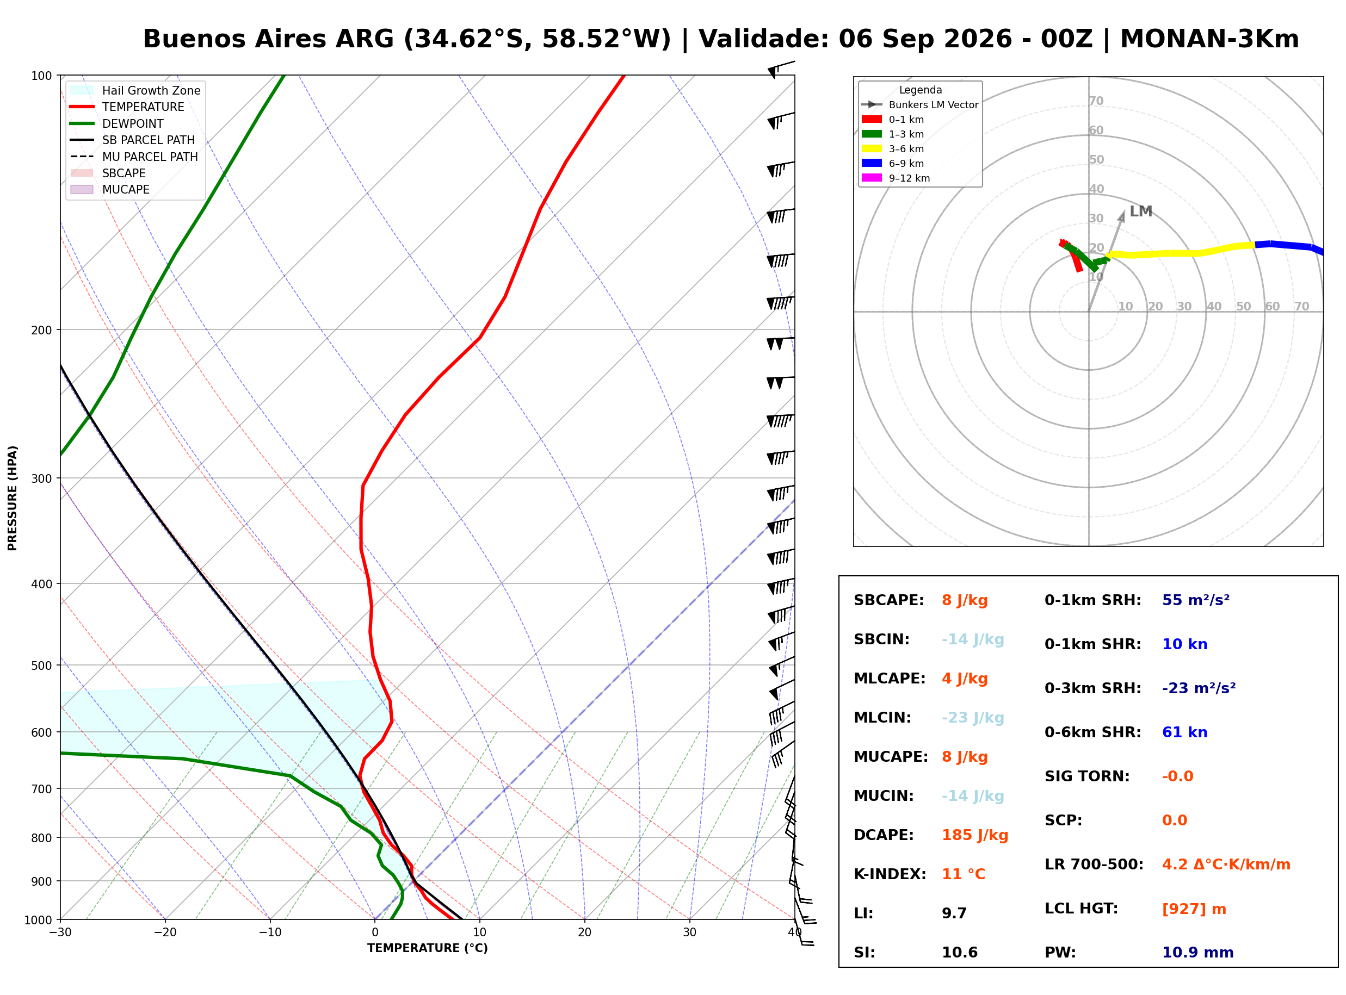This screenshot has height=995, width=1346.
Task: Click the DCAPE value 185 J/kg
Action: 975,835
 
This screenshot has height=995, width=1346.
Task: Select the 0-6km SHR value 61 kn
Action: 1184,732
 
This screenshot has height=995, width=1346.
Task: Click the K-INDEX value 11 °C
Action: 964,874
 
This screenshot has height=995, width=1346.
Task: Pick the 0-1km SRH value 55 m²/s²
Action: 1195,600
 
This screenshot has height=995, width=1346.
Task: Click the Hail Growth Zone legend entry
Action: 135,90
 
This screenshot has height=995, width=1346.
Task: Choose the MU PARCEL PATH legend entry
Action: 134,157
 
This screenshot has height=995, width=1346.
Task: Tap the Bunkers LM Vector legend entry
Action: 920,105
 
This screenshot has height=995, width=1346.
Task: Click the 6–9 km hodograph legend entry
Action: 892,163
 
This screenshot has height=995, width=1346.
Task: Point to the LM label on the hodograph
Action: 1140,212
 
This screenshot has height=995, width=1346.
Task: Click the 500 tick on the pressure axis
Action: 41,666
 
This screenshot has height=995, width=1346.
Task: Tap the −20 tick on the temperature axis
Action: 165,932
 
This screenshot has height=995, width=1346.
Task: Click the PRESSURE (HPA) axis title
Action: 13,498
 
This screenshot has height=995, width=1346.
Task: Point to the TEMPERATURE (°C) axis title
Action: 428,948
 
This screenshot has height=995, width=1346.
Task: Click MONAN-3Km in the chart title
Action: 1209,39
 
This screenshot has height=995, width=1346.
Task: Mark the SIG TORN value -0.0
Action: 1177,776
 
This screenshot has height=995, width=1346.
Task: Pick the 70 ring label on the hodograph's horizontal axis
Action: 1301,306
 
